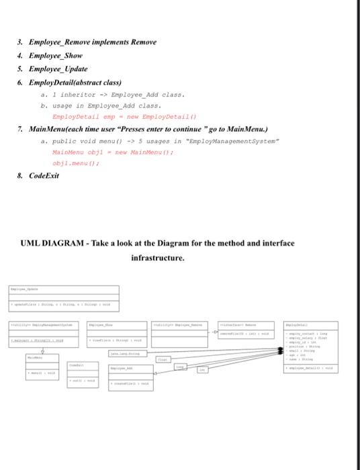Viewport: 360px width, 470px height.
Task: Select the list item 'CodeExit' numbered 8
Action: pos(44,176)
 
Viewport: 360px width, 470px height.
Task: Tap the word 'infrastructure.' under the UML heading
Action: pos(156,256)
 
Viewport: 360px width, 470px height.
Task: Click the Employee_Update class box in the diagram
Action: pos(63,298)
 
